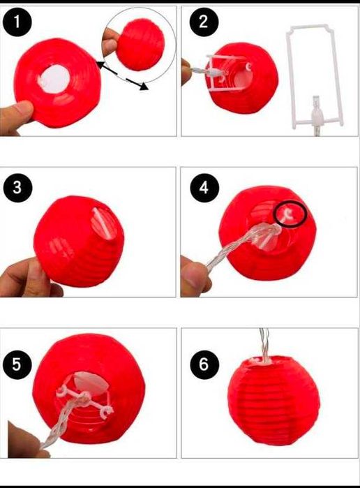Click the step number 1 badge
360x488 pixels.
coord(17,22)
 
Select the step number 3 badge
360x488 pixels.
coord(17,188)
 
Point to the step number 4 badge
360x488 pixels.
coord(204,188)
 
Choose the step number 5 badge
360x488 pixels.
coord(17,364)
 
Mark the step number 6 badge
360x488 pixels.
coord(204,364)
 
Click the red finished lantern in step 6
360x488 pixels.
coord(273,401)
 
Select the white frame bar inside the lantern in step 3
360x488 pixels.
coord(102,223)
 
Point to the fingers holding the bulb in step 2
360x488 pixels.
coord(186,72)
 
